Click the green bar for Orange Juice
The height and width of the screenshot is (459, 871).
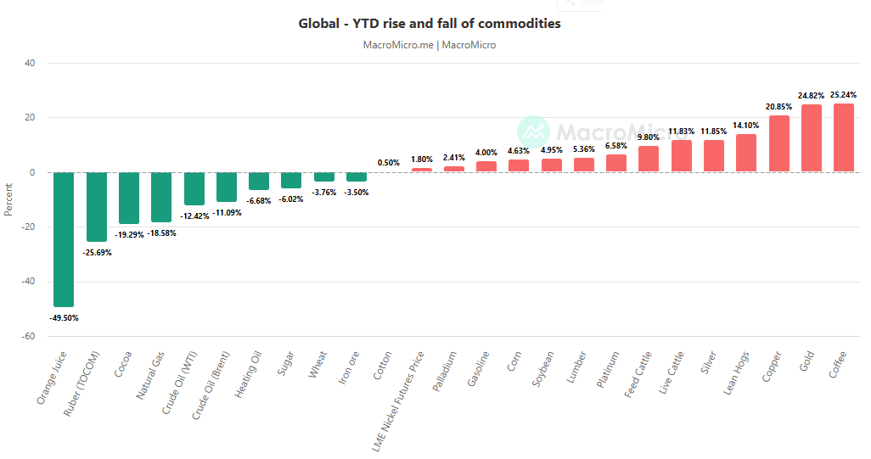(64, 239)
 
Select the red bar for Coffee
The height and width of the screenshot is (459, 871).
(844, 138)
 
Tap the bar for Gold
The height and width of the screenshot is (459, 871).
(812, 138)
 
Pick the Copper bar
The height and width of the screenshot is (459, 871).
(779, 144)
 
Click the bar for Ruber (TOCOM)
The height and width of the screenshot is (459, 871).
(97, 207)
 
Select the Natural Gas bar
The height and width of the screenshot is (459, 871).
(161, 198)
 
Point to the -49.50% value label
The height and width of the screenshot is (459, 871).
(64, 317)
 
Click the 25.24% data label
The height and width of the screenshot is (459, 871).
(844, 95)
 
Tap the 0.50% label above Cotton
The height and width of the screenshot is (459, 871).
(389, 163)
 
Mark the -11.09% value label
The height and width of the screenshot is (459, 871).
(227, 213)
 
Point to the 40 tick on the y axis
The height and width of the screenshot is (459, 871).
(29, 63)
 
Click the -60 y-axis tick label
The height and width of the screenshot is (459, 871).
(27, 336)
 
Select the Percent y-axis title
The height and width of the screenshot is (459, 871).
(9, 199)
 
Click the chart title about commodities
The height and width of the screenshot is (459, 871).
(430, 24)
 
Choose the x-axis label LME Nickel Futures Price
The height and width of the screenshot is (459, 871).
(401, 399)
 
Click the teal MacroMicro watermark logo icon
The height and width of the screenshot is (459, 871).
(534, 132)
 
